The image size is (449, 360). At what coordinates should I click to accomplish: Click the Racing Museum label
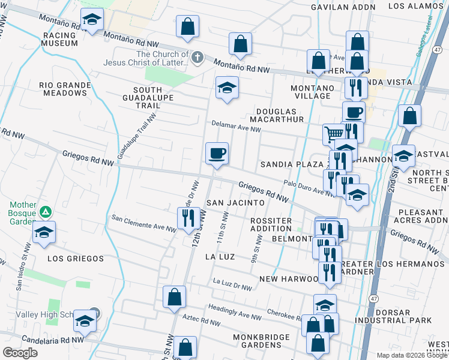(59, 39)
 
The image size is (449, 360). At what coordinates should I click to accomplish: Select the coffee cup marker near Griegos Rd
(217, 154)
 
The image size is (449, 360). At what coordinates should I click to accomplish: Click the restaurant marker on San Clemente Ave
(188, 219)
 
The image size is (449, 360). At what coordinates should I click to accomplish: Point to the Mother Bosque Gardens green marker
(45, 212)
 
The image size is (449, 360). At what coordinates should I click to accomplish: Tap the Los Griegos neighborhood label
(75, 259)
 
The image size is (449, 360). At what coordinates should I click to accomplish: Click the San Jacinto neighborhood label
(236, 203)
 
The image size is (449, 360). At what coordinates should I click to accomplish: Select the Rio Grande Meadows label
(65, 89)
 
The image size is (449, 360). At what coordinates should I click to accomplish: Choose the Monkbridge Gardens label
(261, 341)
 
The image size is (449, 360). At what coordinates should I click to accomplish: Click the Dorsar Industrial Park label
(399, 317)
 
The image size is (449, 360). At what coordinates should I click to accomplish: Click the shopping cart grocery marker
(334, 133)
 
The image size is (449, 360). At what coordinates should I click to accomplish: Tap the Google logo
(20, 353)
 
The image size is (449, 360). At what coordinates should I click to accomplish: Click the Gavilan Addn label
(343, 7)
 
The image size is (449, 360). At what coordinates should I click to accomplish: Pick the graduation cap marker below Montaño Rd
(228, 88)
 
